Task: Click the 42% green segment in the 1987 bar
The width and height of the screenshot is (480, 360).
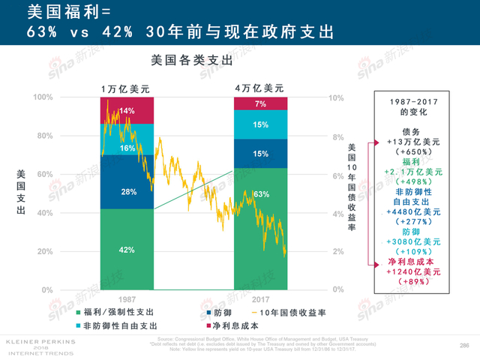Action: click(127, 250)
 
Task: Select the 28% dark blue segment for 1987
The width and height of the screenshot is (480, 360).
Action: click(127, 192)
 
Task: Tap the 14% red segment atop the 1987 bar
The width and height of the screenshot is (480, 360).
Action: click(127, 111)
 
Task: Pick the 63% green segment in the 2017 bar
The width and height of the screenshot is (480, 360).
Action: click(260, 195)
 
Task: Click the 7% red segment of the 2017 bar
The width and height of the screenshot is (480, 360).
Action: click(260, 103)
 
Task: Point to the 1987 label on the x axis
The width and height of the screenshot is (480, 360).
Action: click(127, 298)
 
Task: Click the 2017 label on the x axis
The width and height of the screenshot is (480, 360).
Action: click(260, 298)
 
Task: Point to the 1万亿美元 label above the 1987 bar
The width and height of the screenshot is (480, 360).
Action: click(125, 88)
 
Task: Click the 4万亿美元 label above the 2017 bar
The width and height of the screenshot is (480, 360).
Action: click(259, 88)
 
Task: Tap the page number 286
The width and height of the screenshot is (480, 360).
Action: click(463, 344)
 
